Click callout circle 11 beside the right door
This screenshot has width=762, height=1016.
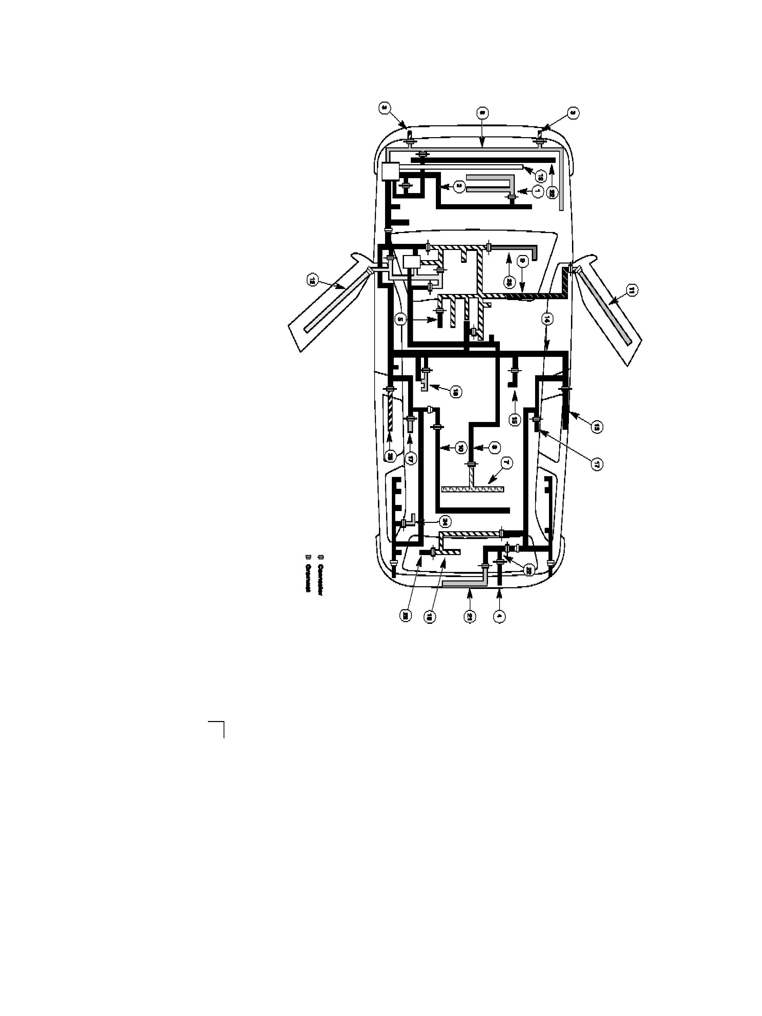[x=632, y=290]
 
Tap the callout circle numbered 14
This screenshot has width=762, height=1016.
[x=547, y=318]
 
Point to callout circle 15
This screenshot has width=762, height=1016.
[x=514, y=419]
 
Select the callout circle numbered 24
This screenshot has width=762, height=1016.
[x=444, y=521]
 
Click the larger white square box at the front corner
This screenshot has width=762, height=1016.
[x=390, y=171]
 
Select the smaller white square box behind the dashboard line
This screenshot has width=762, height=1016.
[x=411, y=262]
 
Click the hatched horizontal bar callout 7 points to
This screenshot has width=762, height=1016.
[x=473, y=489]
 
